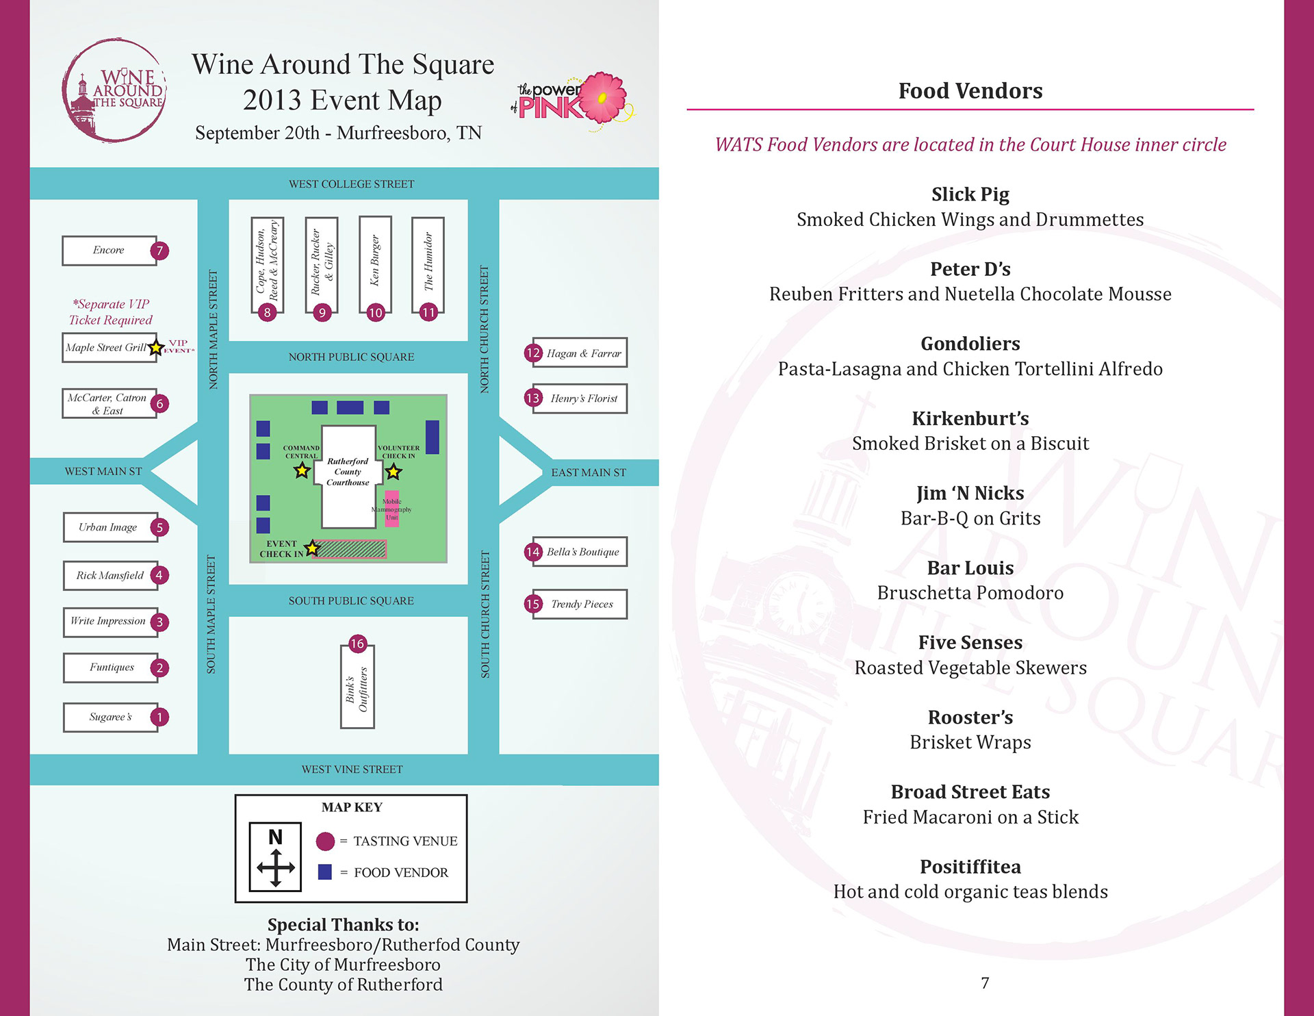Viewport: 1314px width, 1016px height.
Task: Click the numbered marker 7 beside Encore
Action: click(159, 251)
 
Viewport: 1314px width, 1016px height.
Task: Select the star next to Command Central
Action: click(302, 471)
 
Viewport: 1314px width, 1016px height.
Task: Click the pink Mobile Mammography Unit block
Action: click(392, 509)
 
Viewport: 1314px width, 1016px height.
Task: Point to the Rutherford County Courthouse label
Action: click(348, 472)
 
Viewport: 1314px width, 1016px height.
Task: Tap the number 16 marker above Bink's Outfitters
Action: click(357, 644)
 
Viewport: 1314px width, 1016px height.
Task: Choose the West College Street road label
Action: click(351, 184)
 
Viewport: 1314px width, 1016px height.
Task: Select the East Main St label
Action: click(589, 472)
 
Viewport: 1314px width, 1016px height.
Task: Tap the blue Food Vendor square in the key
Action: click(325, 872)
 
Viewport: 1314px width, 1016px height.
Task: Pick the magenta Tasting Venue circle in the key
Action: click(325, 841)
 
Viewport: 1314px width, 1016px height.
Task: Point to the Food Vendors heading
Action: click(970, 91)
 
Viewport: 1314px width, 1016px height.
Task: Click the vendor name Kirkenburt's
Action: click(970, 418)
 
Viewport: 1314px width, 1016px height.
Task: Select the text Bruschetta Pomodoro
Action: click(970, 593)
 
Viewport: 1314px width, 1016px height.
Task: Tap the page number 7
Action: click(985, 983)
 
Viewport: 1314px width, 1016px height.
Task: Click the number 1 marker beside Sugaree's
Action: click(159, 717)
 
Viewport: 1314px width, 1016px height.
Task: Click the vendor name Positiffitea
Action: click(970, 867)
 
